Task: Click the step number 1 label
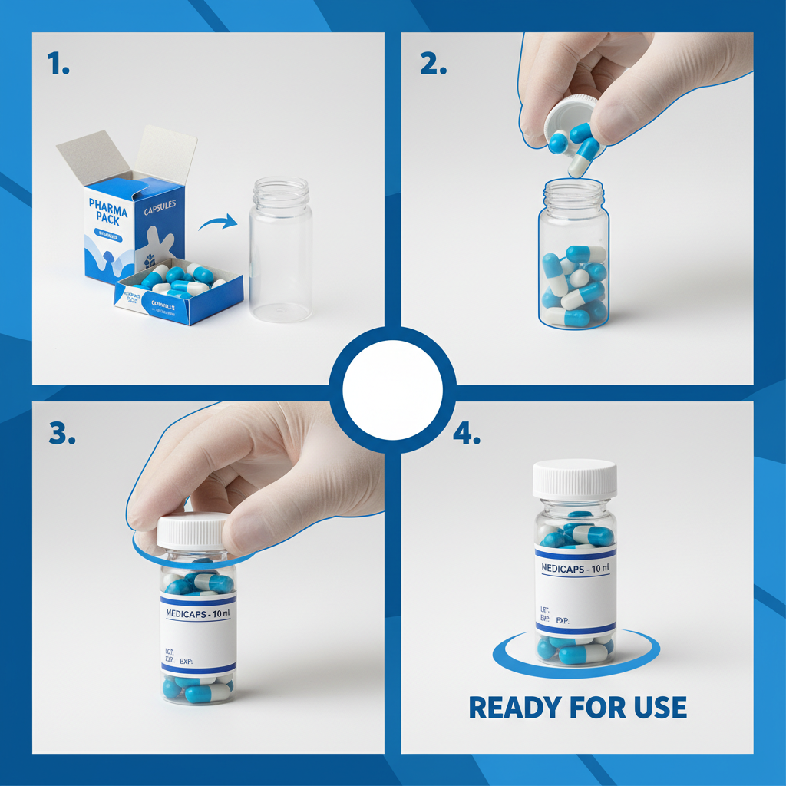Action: click(58, 64)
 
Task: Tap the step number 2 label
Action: click(433, 64)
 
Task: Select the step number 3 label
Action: click(62, 434)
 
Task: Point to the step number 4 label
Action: click(466, 434)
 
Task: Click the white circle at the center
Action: click(392, 389)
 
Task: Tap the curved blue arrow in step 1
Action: click(218, 223)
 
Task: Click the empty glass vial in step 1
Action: click(281, 249)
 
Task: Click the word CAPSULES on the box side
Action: click(160, 205)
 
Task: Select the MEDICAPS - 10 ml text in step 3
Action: click(198, 613)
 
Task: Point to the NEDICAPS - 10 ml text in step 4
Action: click(575, 570)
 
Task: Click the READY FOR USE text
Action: click(577, 707)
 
